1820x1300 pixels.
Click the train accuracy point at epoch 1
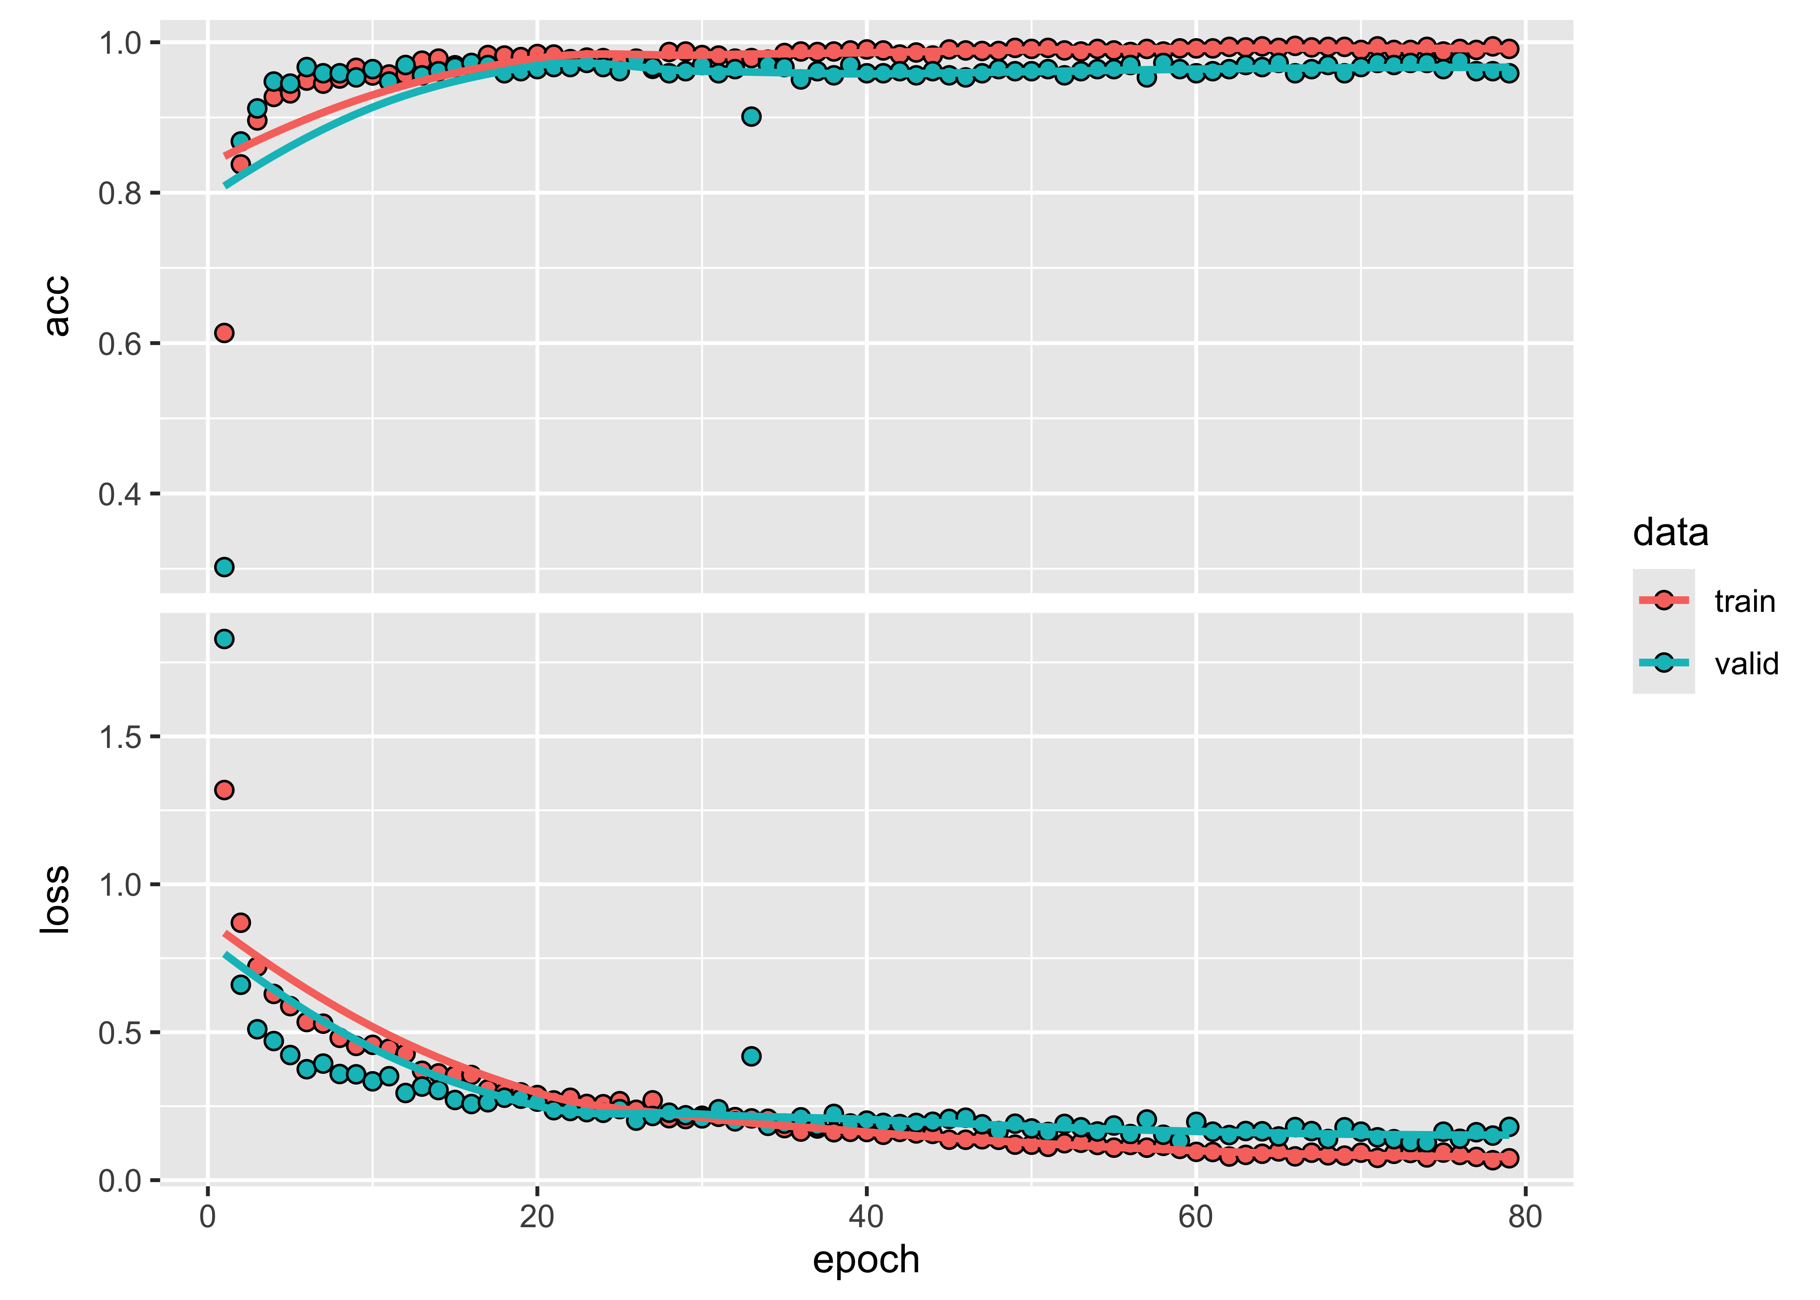(x=224, y=333)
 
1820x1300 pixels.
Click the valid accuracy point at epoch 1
(x=224, y=567)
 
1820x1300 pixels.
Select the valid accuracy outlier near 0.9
(x=751, y=117)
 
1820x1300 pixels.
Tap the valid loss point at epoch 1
(x=224, y=639)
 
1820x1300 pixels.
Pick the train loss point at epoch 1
(x=224, y=790)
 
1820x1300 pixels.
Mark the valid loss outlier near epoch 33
(x=751, y=1056)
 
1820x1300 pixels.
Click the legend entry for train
(x=1744, y=601)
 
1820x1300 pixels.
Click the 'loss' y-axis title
(x=56, y=899)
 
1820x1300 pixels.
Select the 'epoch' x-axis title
(x=866, y=1259)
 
